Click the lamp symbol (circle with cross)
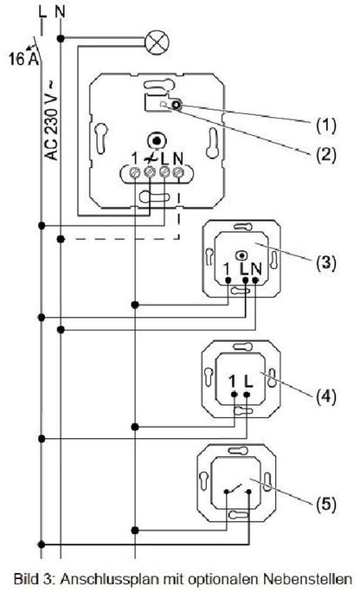157,42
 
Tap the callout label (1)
325,125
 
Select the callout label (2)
325,154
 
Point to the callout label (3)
325,263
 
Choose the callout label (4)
325,396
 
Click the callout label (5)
325,505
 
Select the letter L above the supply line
42,12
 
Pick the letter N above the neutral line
61,12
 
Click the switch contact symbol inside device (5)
237,489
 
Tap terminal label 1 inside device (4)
232,381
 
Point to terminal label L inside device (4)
248,381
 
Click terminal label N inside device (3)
256,269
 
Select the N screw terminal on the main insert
177,172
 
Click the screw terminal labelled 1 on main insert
136,173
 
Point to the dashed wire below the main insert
120,239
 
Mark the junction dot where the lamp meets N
61,38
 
